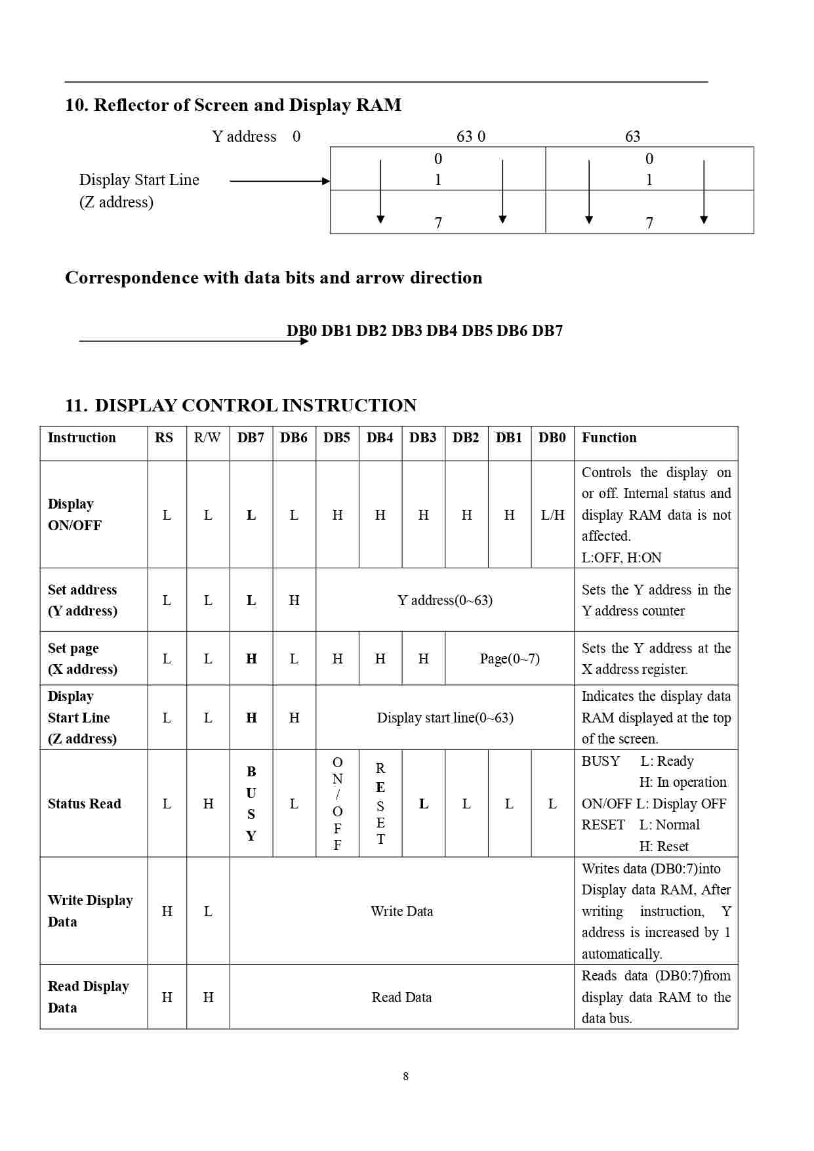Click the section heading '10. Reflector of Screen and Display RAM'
[233, 105]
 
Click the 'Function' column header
[609, 438]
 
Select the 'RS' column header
[164, 438]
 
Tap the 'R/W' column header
[207, 438]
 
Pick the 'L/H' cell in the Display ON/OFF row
[552, 515]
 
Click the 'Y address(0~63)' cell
[445, 600]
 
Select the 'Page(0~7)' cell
[509, 659]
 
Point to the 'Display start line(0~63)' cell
[445, 718]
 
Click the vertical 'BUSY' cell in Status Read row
[251, 803]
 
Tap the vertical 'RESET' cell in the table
[380, 803]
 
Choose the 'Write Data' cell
[401, 911]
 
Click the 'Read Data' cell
[401, 997]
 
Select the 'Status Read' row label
[85, 804]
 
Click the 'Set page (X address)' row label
[83, 659]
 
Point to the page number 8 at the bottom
[405, 1076]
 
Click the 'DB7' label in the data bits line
[547, 331]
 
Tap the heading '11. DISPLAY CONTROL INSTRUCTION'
[241, 406]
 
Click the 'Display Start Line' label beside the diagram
[139, 180]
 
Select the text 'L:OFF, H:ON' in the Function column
[621, 558]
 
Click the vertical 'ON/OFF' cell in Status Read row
[337, 803]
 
